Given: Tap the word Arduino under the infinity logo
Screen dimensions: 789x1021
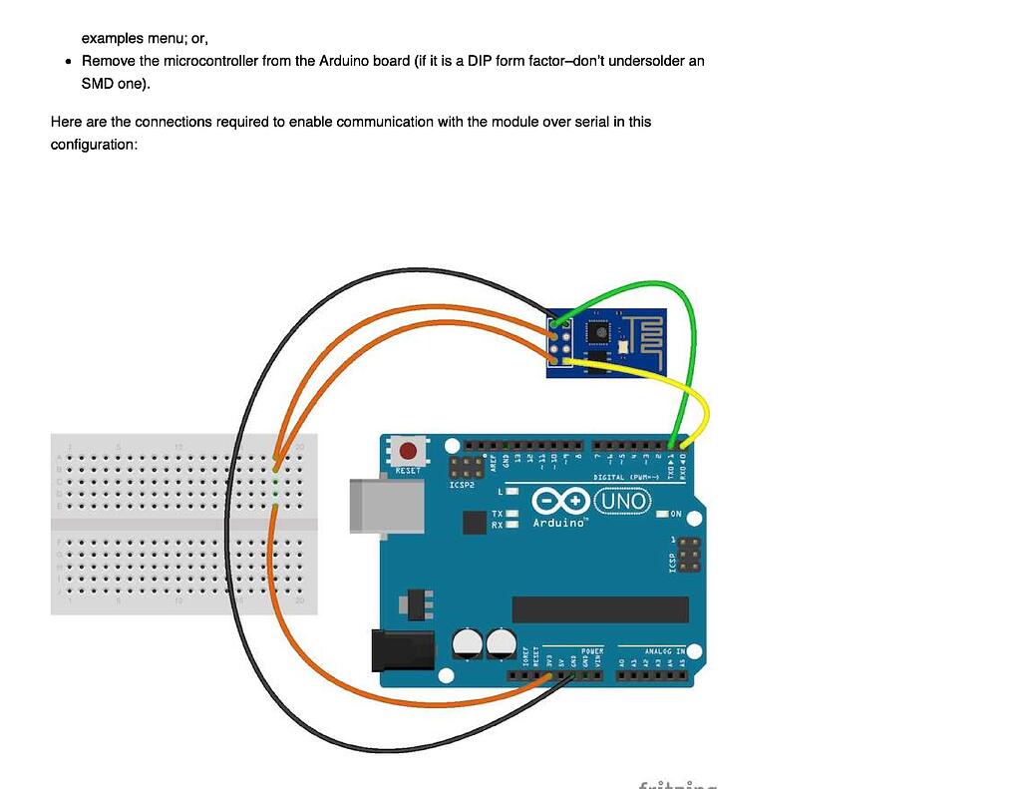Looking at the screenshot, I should click(559, 523).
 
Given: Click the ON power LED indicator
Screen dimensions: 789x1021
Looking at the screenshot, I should click(663, 514).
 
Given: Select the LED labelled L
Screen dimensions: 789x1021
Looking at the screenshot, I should click(512, 492).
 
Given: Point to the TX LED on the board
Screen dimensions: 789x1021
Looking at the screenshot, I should click(512, 514).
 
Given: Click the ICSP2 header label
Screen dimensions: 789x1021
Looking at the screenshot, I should click(462, 485).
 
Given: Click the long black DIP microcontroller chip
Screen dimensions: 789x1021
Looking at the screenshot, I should click(599, 609).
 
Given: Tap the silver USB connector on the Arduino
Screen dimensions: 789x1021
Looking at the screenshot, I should click(386, 507).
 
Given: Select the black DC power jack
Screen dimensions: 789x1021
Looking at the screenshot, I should click(402, 650).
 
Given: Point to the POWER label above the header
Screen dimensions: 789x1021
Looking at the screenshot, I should click(591, 651).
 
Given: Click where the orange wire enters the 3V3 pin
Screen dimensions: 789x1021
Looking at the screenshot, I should click(548, 676).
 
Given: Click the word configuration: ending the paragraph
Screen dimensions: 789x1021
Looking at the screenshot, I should click(93, 145).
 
